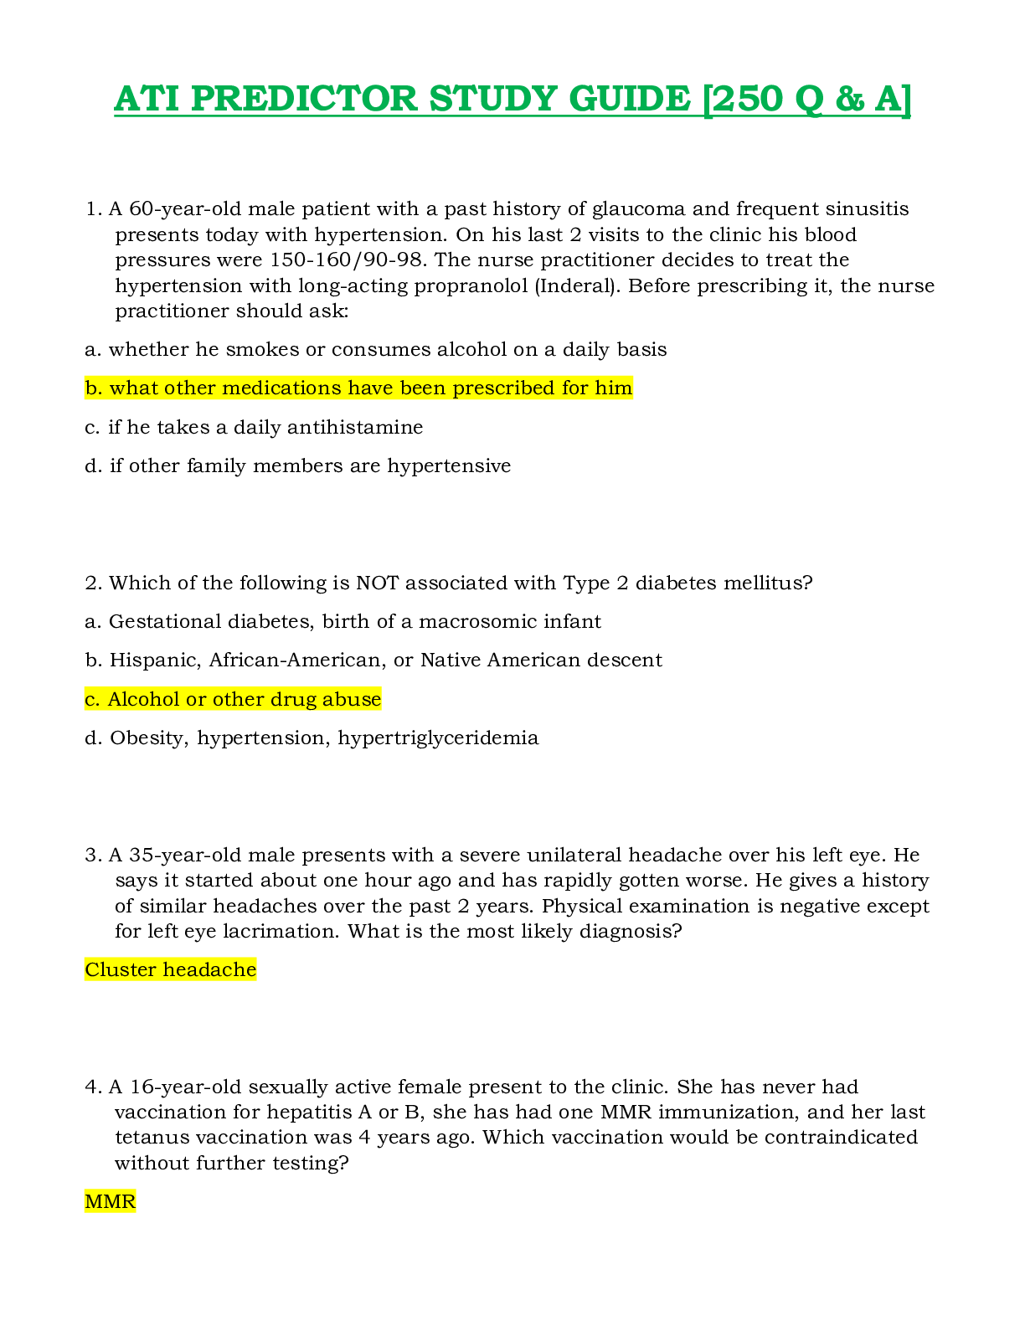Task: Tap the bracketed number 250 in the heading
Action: tap(747, 99)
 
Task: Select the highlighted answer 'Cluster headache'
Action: tap(170, 969)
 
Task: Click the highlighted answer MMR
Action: tap(110, 1201)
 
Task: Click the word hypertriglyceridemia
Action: tap(438, 738)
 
